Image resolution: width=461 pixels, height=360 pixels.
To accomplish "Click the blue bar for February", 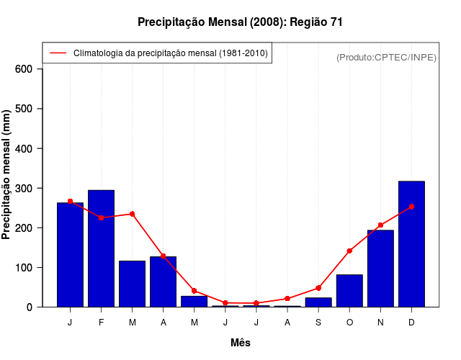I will click(101, 248).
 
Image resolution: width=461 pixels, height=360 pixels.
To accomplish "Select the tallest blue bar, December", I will click(411, 244).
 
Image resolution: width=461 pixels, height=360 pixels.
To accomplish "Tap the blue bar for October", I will click(349, 291).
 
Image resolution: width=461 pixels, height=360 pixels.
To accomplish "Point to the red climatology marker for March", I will click(133, 214).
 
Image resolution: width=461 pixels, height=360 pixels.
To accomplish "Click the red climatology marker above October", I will click(349, 251).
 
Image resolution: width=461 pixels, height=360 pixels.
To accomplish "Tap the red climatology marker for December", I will click(411, 207).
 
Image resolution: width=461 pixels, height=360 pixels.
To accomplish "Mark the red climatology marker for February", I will click(101, 217).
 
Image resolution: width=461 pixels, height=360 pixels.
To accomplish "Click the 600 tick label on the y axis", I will click(24, 69).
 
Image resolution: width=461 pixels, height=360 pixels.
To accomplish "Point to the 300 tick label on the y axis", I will click(24, 188).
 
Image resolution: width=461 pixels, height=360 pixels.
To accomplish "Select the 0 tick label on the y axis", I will click(30, 307).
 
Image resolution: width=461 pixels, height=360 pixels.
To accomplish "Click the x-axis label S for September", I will click(318, 323).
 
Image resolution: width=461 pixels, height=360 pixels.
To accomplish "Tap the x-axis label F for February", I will click(101, 323).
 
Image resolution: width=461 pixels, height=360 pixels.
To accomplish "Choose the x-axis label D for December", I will click(411, 323).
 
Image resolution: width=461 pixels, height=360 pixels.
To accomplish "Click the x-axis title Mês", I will click(241, 343).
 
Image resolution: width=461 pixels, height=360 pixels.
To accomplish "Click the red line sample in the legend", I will click(58, 53).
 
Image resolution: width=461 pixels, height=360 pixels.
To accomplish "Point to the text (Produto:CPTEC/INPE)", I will click(387, 58).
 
